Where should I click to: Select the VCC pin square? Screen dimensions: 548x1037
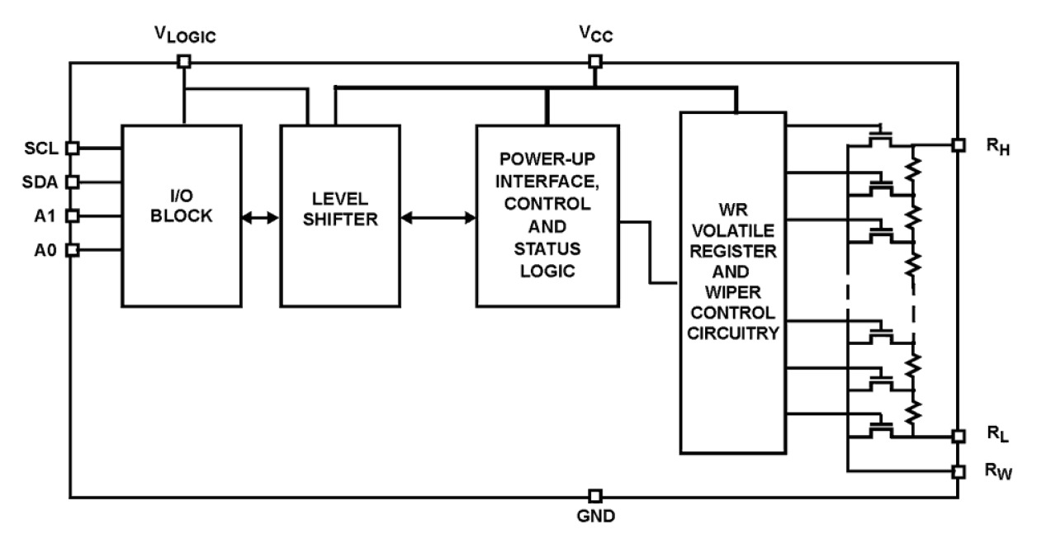[594, 61]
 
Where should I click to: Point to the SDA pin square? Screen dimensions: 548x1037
[72, 182]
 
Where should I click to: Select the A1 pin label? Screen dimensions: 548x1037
[45, 215]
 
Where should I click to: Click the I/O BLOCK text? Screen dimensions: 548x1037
[182, 207]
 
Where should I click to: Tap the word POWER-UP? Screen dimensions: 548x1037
[547, 158]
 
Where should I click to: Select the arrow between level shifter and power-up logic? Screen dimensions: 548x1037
[438, 219]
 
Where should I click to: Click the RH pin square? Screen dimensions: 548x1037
[958, 144]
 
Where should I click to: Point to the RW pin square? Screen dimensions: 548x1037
[958, 471]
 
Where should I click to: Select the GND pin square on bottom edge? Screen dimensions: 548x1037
[594, 496]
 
